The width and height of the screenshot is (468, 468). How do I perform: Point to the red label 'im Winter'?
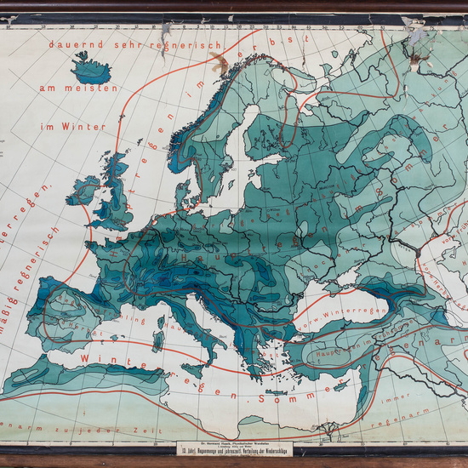point(72,127)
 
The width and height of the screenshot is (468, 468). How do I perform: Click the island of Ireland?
point(83,191)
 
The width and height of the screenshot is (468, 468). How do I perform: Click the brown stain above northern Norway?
point(220,60)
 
